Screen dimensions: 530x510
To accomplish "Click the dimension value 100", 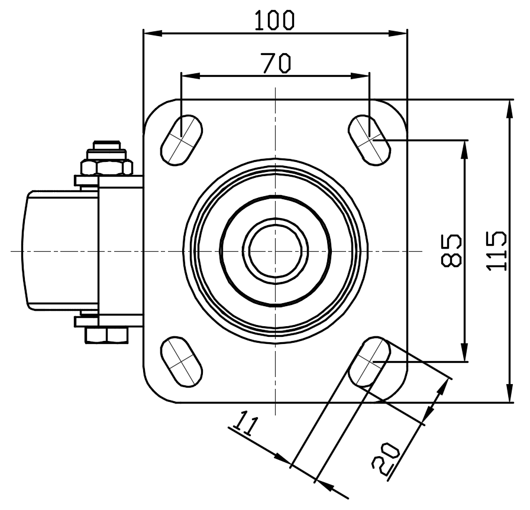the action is pos(274,20).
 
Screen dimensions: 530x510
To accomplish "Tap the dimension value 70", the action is pos(276,63).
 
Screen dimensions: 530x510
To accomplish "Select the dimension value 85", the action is pos(451,250).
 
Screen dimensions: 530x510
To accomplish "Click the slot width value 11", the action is pos(245,424).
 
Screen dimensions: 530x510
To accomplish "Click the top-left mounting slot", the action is pos(181,140).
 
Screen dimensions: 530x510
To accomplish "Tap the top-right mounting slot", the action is pos(370,140).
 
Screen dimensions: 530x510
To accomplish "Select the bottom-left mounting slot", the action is pos(181,362).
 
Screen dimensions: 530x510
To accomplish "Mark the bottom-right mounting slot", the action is pos(370,362).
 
